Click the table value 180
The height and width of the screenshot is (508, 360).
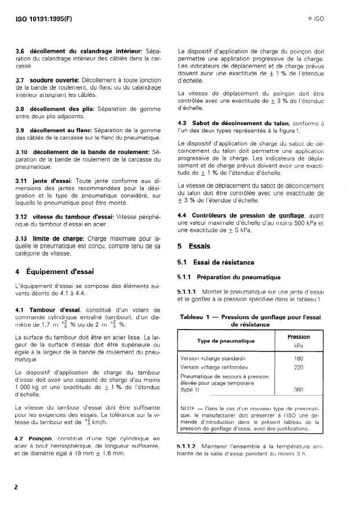(299, 358)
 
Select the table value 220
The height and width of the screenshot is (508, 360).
(299, 367)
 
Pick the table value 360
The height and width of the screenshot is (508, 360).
(299, 390)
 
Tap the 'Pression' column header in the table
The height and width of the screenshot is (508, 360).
(299, 337)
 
